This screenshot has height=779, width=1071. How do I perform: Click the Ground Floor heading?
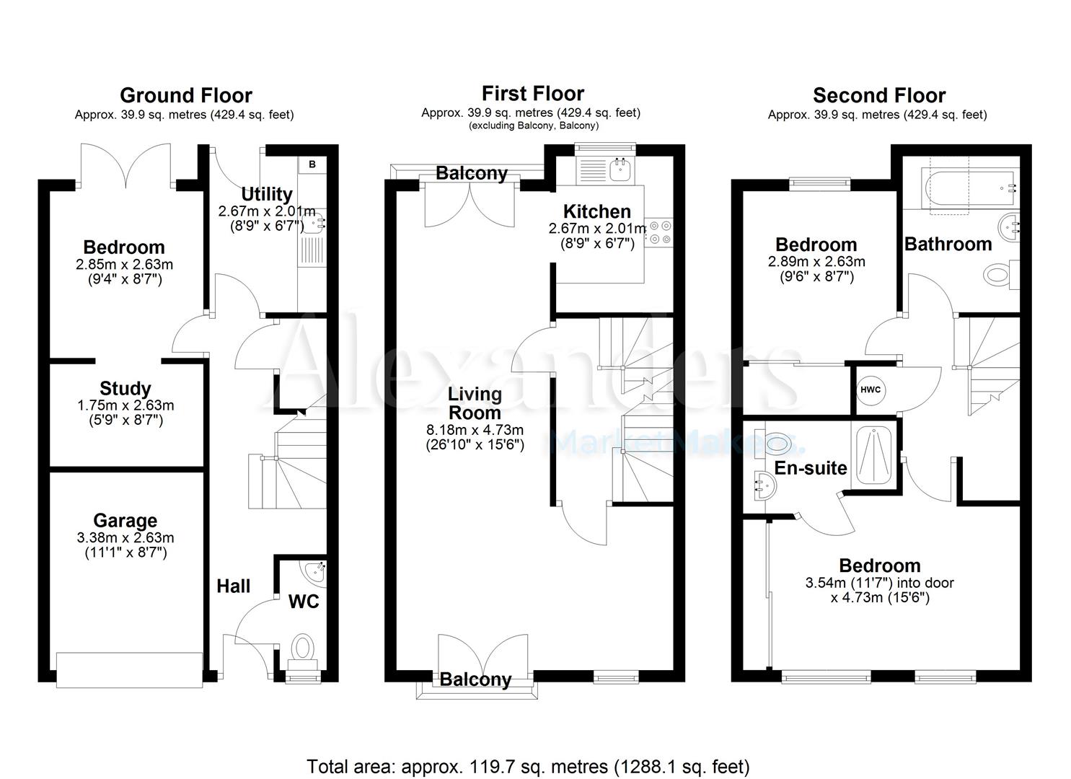click(185, 95)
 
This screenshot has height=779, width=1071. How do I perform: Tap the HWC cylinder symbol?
click(871, 389)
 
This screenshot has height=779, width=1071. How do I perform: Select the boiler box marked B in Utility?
click(312, 164)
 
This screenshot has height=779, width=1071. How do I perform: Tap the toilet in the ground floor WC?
click(303, 648)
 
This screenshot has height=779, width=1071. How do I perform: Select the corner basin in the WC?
click(315, 573)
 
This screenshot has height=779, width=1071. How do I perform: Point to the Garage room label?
click(125, 520)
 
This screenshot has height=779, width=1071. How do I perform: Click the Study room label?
click(125, 389)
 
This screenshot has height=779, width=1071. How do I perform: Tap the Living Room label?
click(475, 403)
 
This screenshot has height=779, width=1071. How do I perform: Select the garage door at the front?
click(130, 670)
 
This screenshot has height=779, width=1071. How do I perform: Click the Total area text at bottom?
click(528, 766)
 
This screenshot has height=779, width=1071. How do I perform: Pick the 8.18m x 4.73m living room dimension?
click(475, 430)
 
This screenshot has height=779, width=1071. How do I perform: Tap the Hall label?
click(234, 586)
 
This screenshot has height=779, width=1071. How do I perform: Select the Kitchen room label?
click(596, 211)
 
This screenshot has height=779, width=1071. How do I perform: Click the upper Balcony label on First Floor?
click(472, 173)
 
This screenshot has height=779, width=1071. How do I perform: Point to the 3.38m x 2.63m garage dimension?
click(125, 538)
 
